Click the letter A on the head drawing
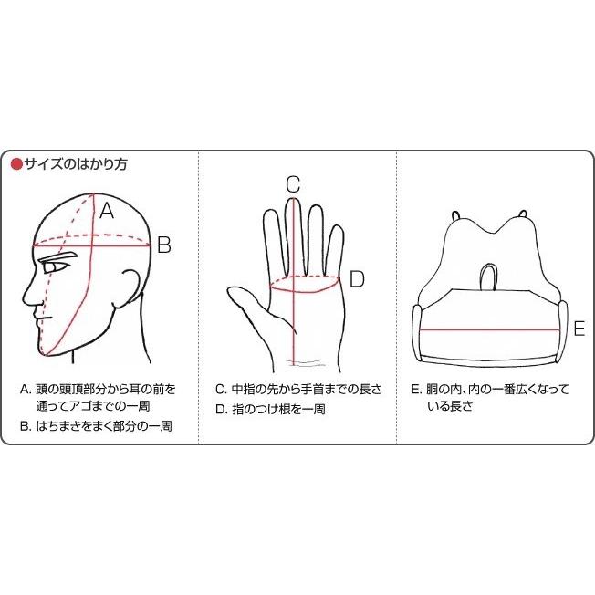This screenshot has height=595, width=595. pyautogui.click(x=107, y=211)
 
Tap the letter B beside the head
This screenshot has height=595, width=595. pyautogui.click(x=163, y=245)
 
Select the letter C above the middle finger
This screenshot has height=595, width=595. pyautogui.click(x=292, y=183)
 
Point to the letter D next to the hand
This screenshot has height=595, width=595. pyautogui.click(x=357, y=279)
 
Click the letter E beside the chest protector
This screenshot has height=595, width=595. pyautogui.click(x=578, y=327)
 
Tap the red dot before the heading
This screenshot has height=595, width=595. pyautogui.click(x=16, y=165)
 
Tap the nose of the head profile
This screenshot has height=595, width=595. pyautogui.click(x=28, y=297)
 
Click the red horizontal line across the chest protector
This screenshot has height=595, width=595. pyautogui.click(x=488, y=328)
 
